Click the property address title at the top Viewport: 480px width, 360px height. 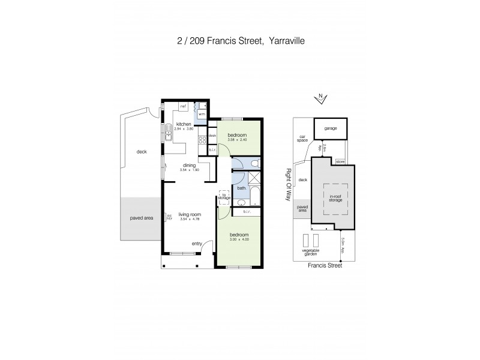[x=240, y=41]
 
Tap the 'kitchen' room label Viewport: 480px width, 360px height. [x=183, y=124]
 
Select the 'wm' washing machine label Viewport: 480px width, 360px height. [x=202, y=113]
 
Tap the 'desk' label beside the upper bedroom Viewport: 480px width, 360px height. [x=212, y=135]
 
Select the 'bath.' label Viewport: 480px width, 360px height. [x=242, y=188]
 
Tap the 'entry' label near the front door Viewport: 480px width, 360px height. [x=197, y=244]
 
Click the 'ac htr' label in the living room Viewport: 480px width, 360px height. [x=170, y=217]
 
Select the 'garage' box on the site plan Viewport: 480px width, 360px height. [x=331, y=128]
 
